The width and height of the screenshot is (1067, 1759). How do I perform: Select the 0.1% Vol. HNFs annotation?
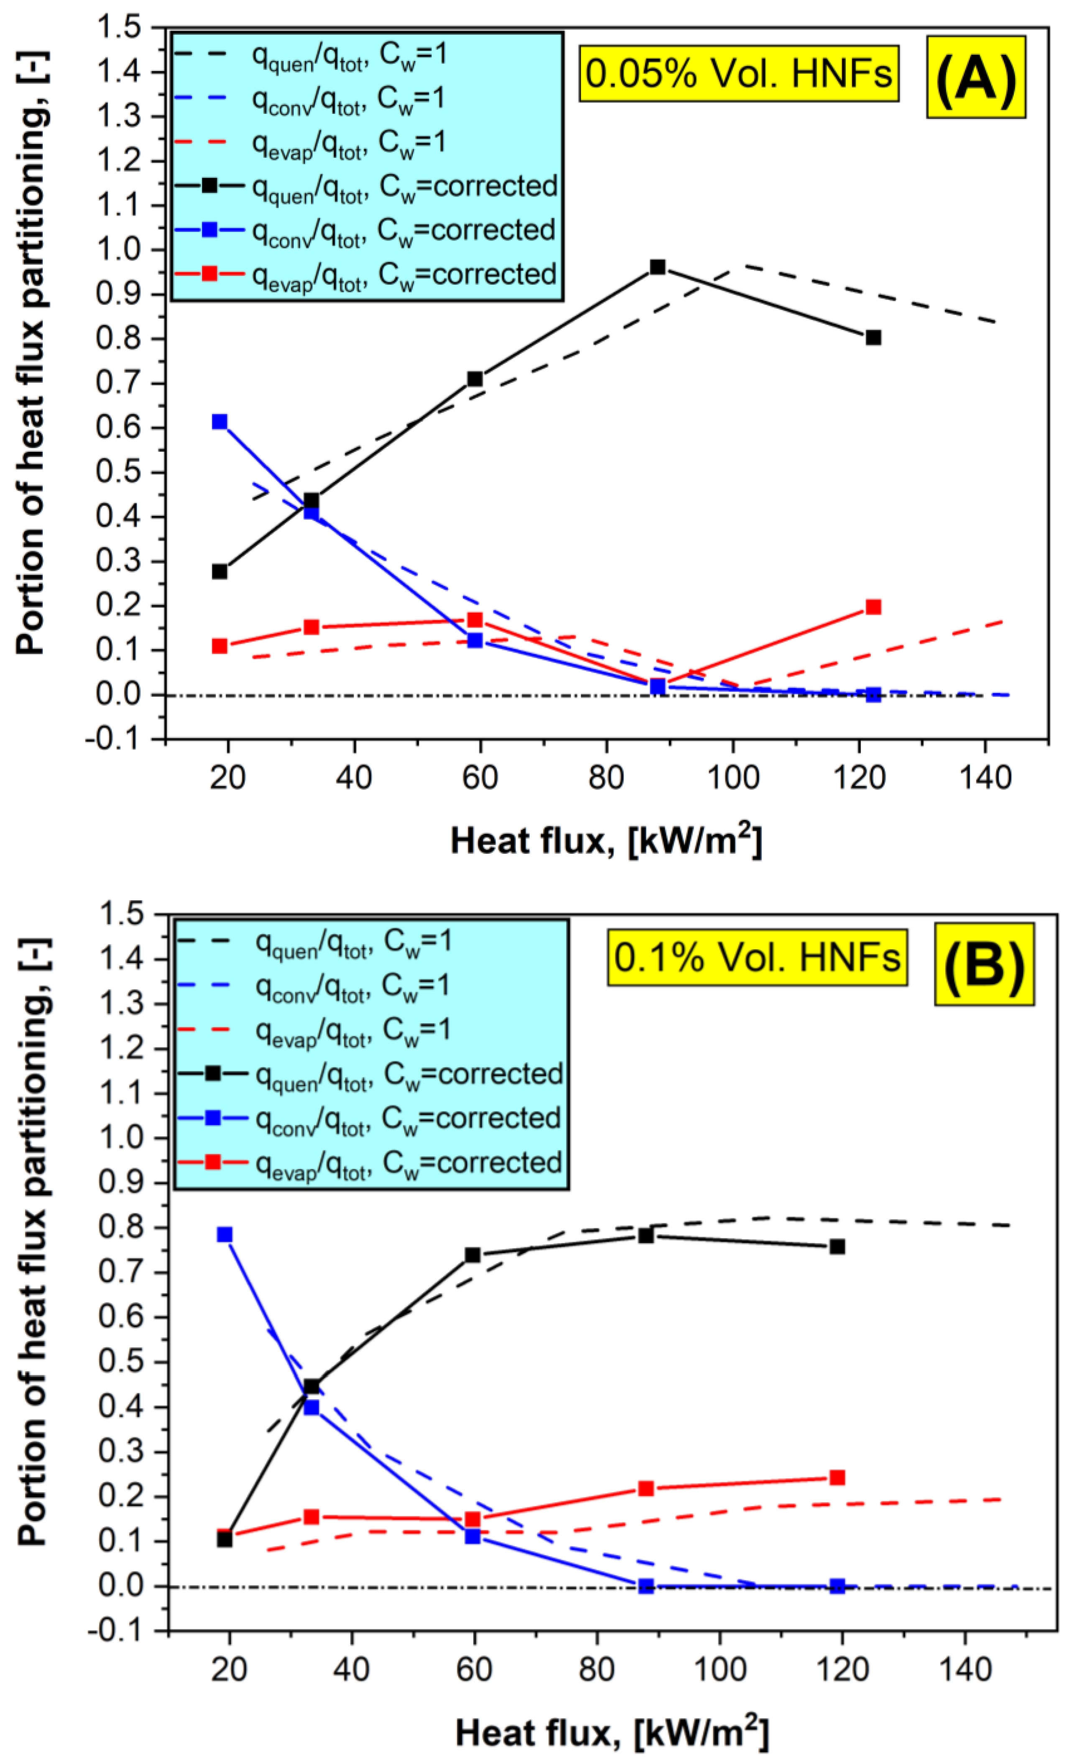756,958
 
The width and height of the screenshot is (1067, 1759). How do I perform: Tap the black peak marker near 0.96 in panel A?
657,267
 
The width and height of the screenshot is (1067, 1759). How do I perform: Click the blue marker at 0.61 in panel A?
220,422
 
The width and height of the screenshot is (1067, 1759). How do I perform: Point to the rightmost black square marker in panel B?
837,1247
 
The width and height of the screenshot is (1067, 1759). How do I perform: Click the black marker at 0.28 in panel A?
220,571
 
